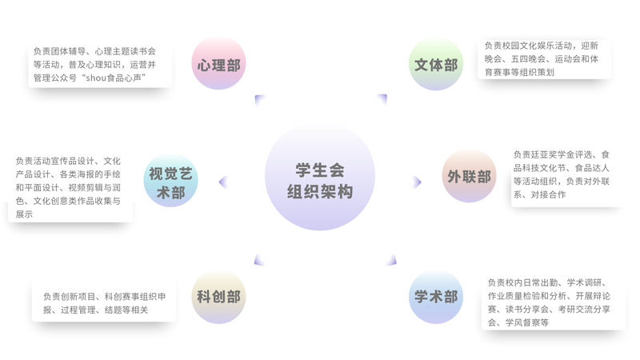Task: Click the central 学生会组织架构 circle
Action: [x=320, y=181]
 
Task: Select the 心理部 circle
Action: [x=218, y=64]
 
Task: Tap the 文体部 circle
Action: [x=435, y=64]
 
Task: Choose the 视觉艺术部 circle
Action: [x=170, y=182]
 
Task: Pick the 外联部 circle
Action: [x=470, y=177]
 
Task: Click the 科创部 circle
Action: [x=218, y=297]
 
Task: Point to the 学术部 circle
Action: [x=436, y=297]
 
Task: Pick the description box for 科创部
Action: [x=104, y=298]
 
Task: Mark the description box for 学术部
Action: [x=552, y=302]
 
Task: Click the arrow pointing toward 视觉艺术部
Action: [x=223, y=182]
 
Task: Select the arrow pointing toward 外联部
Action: [x=417, y=182]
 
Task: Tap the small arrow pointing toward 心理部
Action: [x=259, y=99]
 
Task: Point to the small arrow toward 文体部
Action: [x=382, y=99]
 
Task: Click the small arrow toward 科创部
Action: [x=259, y=260]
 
